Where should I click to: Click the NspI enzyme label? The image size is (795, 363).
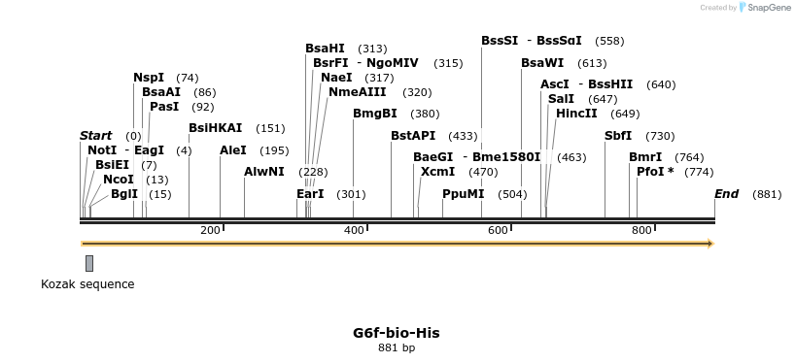click(x=149, y=78)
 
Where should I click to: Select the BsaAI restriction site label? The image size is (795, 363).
click(x=161, y=92)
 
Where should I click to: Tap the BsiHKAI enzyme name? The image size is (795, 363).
click(x=215, y=128)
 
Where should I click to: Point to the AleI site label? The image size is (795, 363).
click(x=233, y=150)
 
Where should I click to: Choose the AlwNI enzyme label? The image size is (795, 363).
click(x=264, y=172)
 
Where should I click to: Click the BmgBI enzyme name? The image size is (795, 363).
click(x=375, y=114)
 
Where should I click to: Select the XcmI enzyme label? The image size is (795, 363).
click(x=438, y=172)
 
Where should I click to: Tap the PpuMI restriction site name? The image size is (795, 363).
click(x=463, y=194)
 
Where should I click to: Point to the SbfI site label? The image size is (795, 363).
click(x=618, y=136)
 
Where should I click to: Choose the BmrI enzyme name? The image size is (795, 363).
click(x=645, y=157)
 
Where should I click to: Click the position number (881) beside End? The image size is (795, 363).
click(x=767, y=194)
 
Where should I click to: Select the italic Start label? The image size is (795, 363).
click(x=95, y=136)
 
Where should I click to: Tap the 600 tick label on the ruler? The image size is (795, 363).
click(x=498, y=230)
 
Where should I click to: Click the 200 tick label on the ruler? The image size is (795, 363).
click(x=210, y=230)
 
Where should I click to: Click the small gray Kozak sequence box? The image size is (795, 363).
click(x=89, y=263)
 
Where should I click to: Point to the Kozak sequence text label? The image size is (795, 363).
click(x=87, y=284)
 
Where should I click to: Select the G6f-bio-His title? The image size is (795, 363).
click(x=396, y=333)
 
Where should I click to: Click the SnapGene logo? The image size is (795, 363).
click(x=760, y=8)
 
